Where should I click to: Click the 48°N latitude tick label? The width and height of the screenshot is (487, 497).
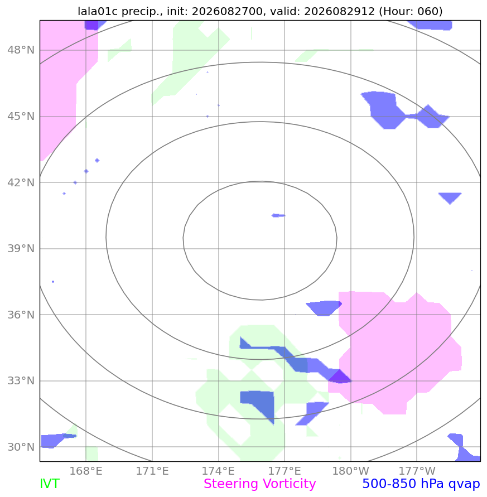[x=21, y=50]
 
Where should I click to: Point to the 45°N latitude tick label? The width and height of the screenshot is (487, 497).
[x=21, y=117]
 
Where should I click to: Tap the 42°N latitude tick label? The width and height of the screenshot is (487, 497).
[x=21, y=182]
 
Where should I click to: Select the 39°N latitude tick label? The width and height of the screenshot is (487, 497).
[x=21, y=249]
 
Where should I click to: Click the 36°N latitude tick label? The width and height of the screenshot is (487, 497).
[x=21, y=315]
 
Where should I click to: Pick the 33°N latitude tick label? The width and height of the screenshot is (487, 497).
[x=21, y=380]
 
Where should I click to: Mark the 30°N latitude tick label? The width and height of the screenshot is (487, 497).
[x=21, y=447]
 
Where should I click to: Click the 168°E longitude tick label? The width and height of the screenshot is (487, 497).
[x=86, y=471]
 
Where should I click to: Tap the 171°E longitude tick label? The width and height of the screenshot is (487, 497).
[x=152, y=471]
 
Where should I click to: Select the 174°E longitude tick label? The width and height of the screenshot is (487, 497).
[x=219, y=471]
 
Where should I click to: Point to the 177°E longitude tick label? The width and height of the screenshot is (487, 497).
[x=285, y=471]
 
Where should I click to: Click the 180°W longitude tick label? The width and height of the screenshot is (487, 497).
[x=351, y=471]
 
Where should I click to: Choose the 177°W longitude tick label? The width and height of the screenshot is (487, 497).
[x=417, y=471]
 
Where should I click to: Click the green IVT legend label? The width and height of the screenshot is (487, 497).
[x=50, y=484]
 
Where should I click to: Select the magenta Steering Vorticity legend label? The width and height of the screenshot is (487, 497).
[x=259, y=484]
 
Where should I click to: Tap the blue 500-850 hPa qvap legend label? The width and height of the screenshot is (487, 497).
[x=421, y=484]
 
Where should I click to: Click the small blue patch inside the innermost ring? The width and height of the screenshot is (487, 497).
[x=278, y=215]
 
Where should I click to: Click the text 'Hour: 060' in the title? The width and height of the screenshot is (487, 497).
[x=411, y=11]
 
